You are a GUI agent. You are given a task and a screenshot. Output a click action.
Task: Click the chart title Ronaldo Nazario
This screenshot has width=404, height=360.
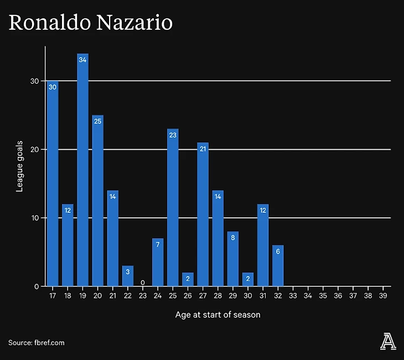[90, 23]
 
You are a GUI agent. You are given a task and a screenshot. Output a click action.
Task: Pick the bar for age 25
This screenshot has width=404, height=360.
[173, 207]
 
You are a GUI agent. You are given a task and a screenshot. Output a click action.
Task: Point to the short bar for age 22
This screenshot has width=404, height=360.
[128, 276]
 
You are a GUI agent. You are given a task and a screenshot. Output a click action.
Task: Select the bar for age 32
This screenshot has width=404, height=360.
[278, 266]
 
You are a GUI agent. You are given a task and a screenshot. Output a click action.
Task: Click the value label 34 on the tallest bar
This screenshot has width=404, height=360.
[82, 60]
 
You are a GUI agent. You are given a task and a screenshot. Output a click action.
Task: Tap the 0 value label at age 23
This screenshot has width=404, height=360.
[143, 282]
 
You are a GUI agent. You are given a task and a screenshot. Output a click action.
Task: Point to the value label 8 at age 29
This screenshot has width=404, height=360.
[233, 238]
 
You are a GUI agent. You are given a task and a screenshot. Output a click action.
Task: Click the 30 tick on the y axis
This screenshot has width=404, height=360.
[35, 81]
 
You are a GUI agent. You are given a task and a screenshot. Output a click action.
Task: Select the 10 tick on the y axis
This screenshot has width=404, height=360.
[35, 218]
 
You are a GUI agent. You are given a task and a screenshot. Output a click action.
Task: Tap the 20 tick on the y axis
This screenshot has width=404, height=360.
[35, 149]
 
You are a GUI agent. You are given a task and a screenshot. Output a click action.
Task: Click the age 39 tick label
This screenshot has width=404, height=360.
[383, 296]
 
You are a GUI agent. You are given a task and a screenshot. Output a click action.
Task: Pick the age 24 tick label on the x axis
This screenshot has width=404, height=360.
[158, 296]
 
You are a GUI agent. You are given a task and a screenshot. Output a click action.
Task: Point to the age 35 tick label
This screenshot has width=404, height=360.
[323, 296]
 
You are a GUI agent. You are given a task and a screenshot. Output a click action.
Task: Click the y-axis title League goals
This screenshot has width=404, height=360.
[19, 166]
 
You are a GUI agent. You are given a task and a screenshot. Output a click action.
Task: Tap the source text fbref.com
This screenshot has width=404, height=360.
[37, 343]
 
